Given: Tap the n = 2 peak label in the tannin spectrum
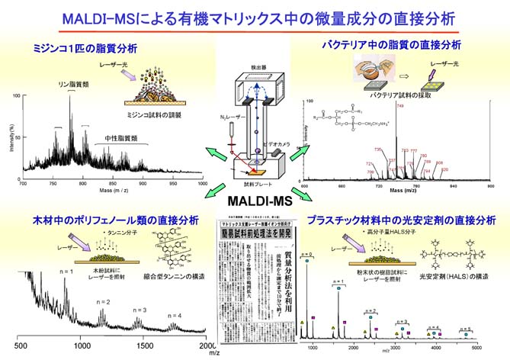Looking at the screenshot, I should pos(104,302).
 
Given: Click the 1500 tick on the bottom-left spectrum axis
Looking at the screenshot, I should pos(139,345).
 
